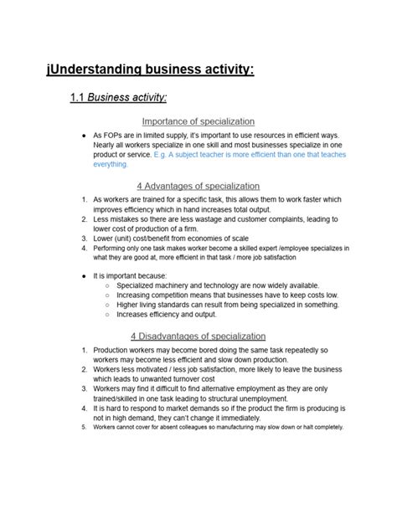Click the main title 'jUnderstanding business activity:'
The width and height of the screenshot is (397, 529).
pos(150,69)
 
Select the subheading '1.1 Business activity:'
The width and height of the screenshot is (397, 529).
pos(119,99)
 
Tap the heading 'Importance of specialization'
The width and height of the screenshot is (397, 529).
pos(198,121)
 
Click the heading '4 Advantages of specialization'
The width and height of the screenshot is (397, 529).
pos(198,185)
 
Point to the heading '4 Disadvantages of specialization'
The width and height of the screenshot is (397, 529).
pos(198,336)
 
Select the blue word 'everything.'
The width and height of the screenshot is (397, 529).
pos(111,165)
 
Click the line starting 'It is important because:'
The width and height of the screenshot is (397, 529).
pos(131,275)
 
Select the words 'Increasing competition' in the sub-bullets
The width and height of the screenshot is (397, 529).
pos(157,295)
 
